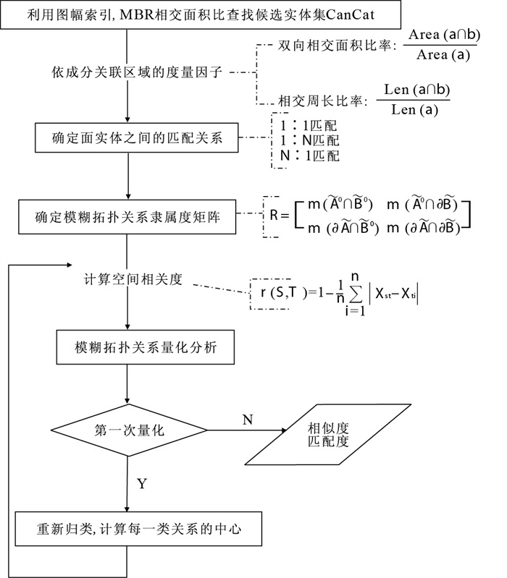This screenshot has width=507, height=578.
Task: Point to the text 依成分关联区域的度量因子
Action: (x=130, y=72)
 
